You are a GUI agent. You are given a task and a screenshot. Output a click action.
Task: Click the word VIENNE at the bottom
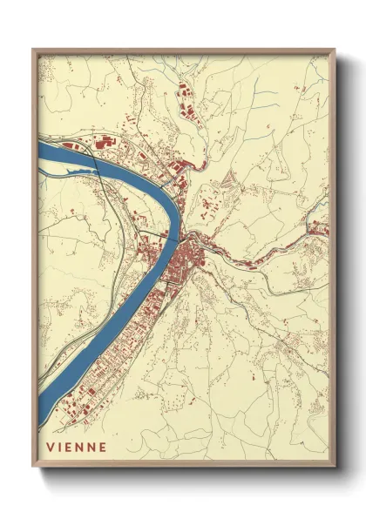[78, 448]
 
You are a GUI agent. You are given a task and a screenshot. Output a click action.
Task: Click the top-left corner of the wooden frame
[33, 49]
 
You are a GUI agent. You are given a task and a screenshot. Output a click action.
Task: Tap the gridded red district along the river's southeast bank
[96, 374]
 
